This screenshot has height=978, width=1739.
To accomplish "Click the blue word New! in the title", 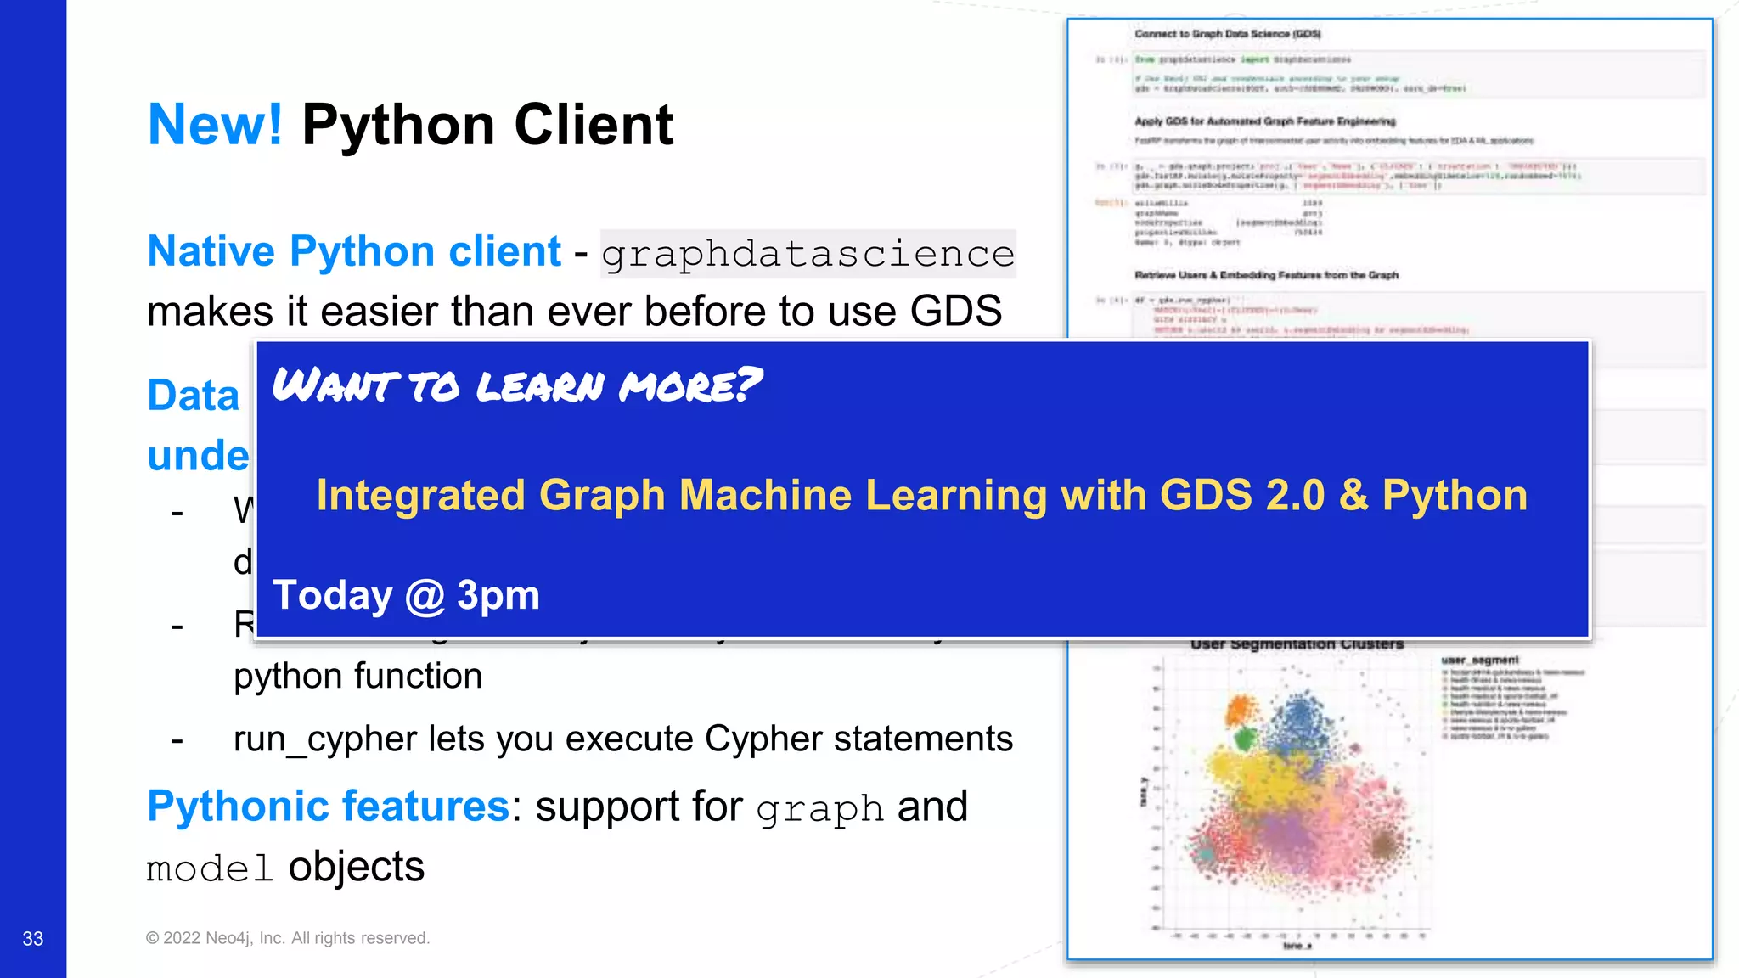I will pos(215,126).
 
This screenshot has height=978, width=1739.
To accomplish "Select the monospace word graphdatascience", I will pos(808,254).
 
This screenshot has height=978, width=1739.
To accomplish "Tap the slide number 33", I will pos(33,938).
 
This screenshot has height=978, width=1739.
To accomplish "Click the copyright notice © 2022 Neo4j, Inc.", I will pos(287,938).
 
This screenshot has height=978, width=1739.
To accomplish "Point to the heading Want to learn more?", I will pos(516,385).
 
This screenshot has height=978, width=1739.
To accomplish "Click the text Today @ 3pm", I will pos(406,595).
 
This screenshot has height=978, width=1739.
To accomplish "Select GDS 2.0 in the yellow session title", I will pos(1241,495).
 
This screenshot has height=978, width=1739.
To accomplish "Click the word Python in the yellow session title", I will pos(1455,495).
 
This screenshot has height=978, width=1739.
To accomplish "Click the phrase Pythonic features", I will pos(328,806).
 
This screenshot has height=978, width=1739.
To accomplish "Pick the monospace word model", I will pos(209,868).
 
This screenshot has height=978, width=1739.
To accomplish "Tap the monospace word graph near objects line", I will pos(819,808).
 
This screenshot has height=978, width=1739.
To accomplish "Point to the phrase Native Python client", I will pos(354,251).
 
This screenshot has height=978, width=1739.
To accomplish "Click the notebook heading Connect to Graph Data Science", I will pos(1227,34).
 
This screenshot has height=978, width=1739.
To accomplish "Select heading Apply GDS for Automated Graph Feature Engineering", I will pos(1264,121).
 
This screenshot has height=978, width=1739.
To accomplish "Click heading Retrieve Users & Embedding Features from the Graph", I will pos(1265,275).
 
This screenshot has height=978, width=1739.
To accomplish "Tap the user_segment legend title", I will pos(1479,660).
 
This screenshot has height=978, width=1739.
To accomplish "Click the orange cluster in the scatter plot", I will pos(1241,708).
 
